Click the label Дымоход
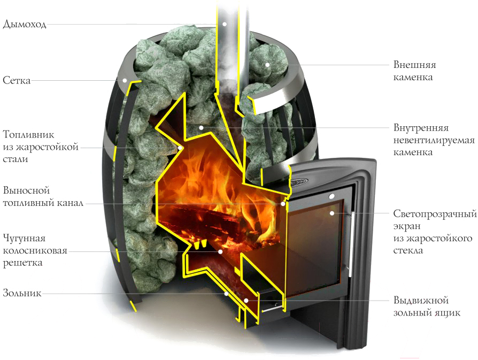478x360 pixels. [25, 24]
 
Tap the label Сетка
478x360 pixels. [17, 80]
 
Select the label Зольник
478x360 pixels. [22, 293]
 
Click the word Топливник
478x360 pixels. [28, 134]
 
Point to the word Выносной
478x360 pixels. [26, 190]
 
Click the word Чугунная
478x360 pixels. [24, 238]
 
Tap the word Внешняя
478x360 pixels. [414, 65]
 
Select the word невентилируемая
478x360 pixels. [434, 140]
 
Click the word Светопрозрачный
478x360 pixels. [435, 214]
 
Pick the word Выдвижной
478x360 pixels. [421, 300]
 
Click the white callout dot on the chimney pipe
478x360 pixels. [225, 24]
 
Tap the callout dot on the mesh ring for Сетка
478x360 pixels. [125, 81]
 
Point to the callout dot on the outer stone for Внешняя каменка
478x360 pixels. [267, 65]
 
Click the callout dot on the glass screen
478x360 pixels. [332, 213]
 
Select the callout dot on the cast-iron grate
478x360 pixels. [220, 252]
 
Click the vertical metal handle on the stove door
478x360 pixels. [351, 244]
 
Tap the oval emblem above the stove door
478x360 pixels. [298, 182]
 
